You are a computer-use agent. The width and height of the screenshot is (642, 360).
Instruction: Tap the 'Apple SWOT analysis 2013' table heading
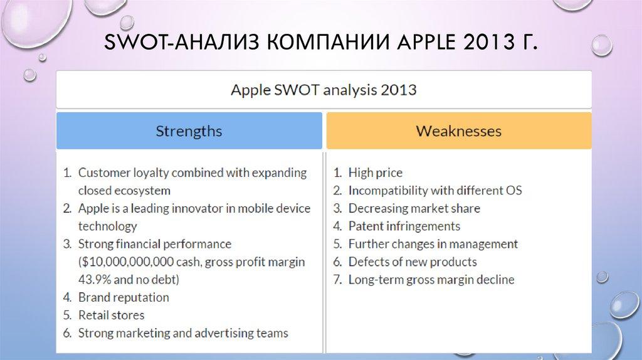click(324, 90)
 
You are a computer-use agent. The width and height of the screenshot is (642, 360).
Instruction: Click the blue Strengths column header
click(189, 131)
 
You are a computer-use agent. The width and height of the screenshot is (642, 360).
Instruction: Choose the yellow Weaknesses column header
click(459, 131)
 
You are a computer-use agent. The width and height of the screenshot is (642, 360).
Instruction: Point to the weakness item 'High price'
click(375, 172)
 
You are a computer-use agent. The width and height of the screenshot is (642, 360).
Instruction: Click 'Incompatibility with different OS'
click(434, 190)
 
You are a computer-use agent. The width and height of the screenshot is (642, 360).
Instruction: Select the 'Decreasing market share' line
click(414, 208)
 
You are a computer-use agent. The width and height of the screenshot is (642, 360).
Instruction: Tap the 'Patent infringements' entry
click(404, 226)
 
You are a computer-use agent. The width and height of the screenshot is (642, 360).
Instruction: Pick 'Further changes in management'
click(433, 244)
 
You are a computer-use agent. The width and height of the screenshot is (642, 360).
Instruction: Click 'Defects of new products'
click(412, 262)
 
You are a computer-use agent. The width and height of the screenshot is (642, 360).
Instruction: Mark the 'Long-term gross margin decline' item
click(431, 280)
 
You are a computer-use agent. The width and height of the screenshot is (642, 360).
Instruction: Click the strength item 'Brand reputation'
click(124, 297)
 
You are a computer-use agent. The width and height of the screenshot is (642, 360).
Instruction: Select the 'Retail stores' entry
click(111, 315)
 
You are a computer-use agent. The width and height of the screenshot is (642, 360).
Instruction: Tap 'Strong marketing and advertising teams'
click(183, 333)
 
